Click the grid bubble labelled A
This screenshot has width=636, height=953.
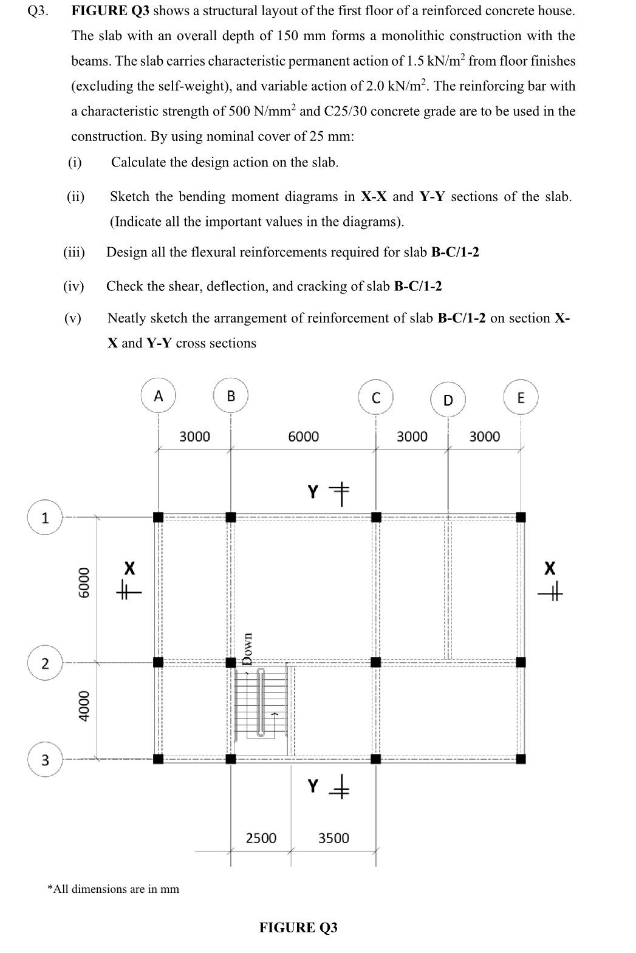click(158, 396)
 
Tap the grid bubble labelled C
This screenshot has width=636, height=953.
click(376, 397)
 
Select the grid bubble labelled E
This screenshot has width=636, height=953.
click(521, 398)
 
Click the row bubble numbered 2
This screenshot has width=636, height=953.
click(45, 663)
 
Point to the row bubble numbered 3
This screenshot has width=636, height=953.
click(45, 759)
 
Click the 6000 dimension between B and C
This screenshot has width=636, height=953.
click(303, 436)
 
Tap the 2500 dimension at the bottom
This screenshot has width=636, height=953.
click(261, 838)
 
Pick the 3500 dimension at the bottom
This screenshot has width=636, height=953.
click(333, 838)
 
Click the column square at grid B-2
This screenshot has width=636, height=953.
click(231, 662)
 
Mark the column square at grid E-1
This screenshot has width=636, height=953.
click(521, 517)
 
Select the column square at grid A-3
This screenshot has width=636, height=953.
click(158, 759)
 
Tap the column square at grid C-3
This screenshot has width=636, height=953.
click(376, 759)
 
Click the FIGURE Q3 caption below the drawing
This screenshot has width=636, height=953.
click(298, 927)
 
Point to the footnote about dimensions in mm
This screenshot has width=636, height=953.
click(114, 889)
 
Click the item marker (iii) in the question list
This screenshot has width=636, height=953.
click(74, 252)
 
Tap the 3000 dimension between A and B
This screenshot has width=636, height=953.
click(194, 436)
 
